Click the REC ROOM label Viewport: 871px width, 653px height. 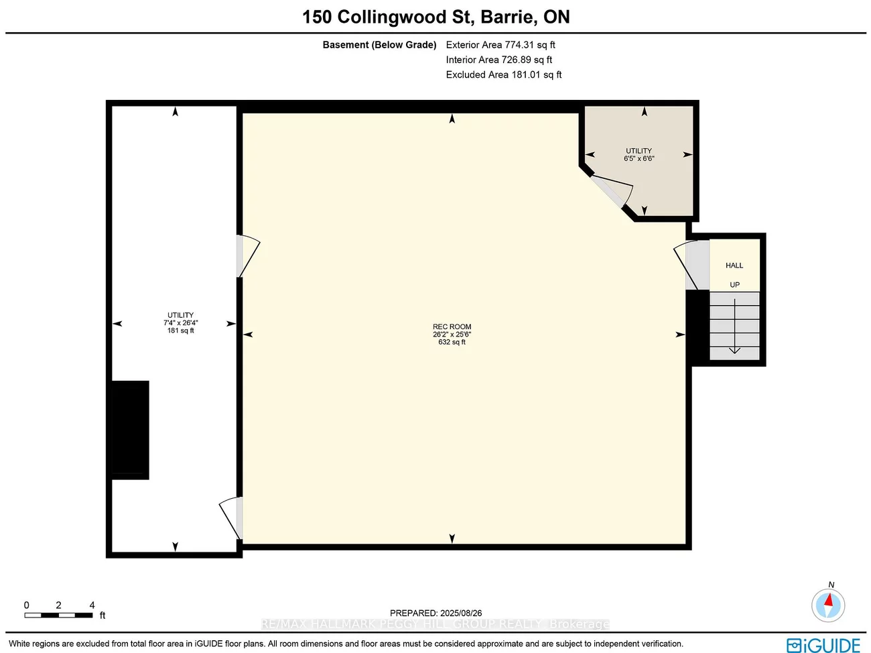[452, 326]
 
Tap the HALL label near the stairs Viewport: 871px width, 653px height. [734, 265]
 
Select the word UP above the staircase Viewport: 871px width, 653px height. [734, 285]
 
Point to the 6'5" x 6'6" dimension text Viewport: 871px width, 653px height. [639, 159]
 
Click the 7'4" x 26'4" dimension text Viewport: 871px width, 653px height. [180, 322]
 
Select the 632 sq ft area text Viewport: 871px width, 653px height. [452, 343]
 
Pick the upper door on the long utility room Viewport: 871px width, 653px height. [246, 255]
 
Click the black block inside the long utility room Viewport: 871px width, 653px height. [129, 429]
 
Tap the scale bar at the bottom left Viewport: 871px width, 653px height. [59, 615]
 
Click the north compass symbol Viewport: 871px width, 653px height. [828, 605]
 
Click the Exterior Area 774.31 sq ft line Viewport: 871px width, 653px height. [500, 45]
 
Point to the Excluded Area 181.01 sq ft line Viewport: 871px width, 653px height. [504, 74]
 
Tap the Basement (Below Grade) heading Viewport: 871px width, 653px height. [379, 45]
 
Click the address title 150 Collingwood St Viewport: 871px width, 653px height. [435, 17]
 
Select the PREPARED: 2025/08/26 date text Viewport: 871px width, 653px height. [435, 613]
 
